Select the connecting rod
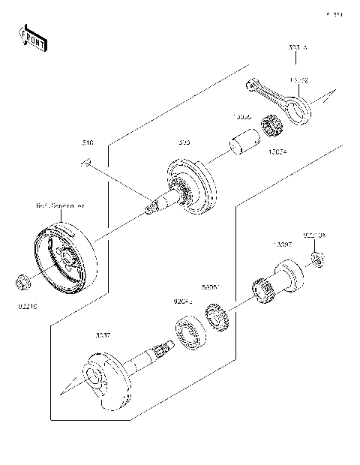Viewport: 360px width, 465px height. (280, 100)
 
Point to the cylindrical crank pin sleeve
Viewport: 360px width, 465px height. (245, 140)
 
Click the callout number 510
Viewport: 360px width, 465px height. (86, 142)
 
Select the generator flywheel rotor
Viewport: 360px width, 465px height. (65, 250)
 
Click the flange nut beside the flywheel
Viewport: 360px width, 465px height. (22, 283)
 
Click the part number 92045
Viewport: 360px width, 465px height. (184, 302)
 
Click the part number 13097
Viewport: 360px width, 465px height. (283, 246)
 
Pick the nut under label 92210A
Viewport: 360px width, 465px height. (318, 260)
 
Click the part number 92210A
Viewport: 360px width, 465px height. (314, 236)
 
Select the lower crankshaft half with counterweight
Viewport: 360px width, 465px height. (112, 370)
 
